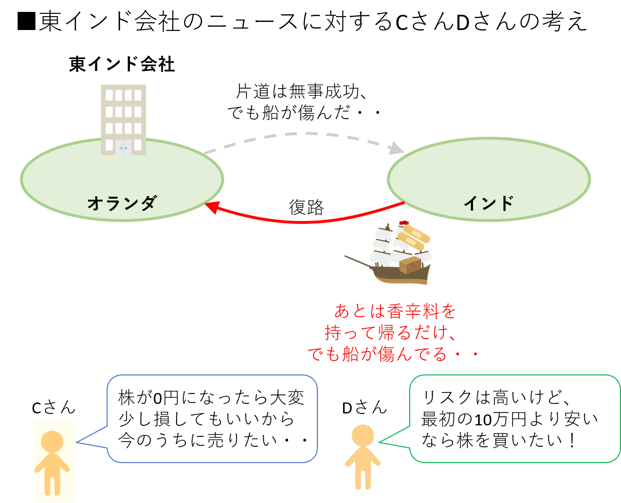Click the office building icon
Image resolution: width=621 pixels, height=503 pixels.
(123, 120)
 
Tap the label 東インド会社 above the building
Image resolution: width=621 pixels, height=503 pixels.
(122, 64)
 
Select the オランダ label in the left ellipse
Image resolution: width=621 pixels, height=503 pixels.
(122, 203)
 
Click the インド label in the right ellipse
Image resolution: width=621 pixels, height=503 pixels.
(488, 203)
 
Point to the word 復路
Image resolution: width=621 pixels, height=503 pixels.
(306, 208)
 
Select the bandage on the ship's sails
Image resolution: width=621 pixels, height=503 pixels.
(413, 237)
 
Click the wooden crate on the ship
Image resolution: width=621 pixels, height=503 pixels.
(410, 265)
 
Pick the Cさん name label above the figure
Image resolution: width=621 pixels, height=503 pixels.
(53, 407)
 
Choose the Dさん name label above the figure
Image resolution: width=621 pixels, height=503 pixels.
(364, 407)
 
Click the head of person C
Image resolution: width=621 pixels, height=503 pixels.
(52, 442)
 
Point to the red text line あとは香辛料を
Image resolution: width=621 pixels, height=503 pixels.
(395, 312)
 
